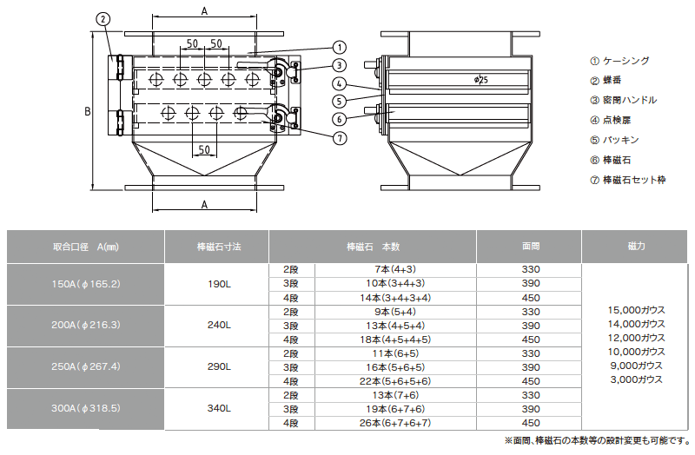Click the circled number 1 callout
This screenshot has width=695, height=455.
(x=339, y=48)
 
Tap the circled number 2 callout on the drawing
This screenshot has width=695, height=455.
(x=103, y=18)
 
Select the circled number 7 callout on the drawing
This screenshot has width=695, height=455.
(x=339, y=137)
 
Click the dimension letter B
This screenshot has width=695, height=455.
(x=87, y=112)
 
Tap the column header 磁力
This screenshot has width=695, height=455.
(x=635, y=247)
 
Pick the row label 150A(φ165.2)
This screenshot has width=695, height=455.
(x=85, y=284)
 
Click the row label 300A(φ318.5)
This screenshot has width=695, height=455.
(x=85, y=408)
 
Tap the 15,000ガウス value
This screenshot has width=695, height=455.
(x=635, y=310)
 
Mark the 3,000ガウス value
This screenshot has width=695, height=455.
(x=635, y=379)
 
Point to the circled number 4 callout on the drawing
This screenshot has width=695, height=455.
(x=339, y=84)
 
